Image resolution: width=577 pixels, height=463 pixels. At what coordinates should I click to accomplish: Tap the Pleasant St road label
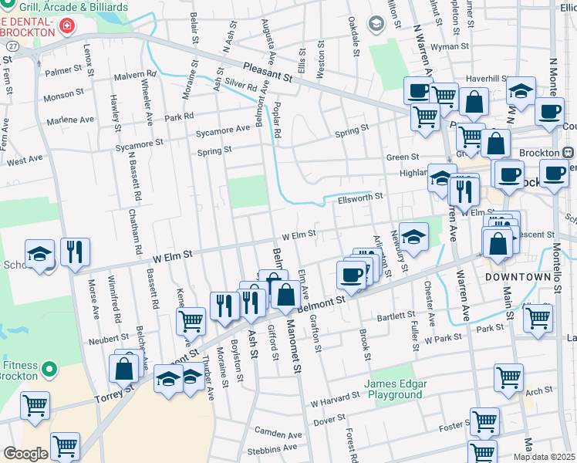coord(267,73)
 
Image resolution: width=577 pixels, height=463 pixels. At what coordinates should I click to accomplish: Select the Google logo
coord(25,454)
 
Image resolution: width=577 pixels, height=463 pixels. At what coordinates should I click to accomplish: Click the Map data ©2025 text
coord(544,457)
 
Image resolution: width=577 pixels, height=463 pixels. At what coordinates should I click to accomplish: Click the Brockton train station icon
coord(568,153)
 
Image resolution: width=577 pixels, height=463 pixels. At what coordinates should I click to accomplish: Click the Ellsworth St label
coord(360,198)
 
